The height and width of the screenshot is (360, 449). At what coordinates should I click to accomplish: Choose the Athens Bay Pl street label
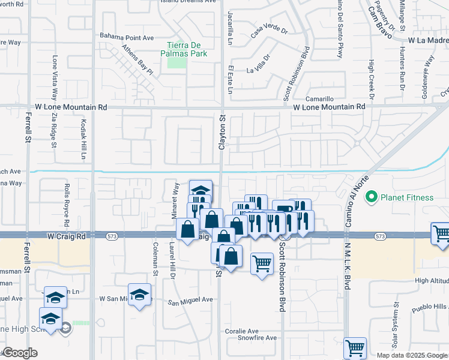138,59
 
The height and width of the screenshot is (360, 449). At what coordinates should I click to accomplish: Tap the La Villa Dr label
259,65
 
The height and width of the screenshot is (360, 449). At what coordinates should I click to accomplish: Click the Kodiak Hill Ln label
83,139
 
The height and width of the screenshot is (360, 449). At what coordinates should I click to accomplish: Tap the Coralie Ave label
241,331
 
